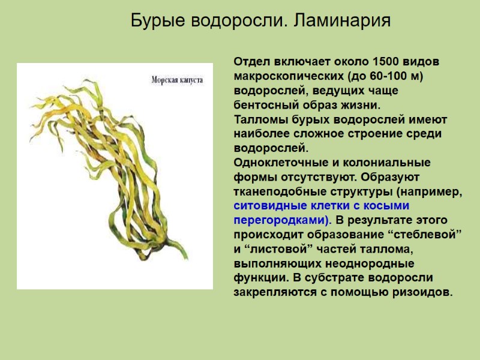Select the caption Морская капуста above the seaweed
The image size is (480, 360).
[x=177, y=79]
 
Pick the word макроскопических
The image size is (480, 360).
[x=287, y=77]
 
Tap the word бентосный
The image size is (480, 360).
[x=264, y=104]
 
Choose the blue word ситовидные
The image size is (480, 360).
[x=266, y=206]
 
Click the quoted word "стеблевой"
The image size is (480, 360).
[x=427, y=234]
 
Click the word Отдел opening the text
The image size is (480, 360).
[x=252, y=63]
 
